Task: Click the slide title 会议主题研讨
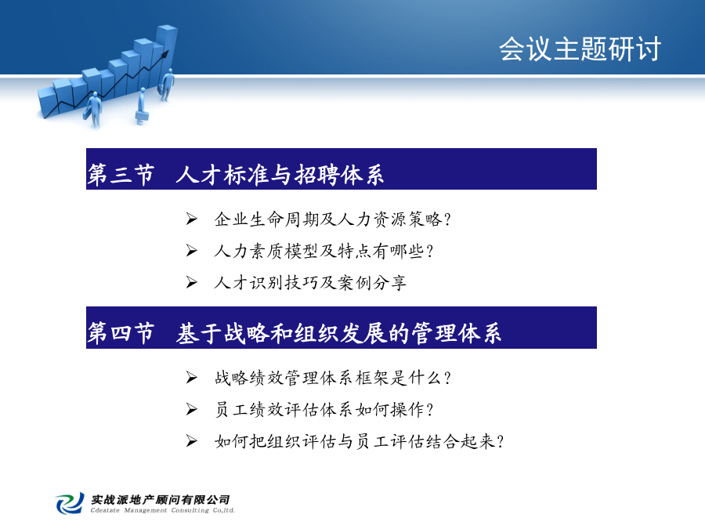[x=580, y=49]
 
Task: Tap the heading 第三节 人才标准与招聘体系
[x=236, y=175]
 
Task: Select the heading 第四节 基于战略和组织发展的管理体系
[x=294, y=333]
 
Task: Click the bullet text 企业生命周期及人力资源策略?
[x=333, y=219]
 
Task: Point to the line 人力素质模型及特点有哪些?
[x=324, y=251]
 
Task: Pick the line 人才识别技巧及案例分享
[x=310, y=282]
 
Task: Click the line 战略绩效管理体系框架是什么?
[x=333, y=378]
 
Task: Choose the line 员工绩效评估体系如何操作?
[x=324, y=409]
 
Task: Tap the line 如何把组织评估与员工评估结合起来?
[x=360, y=441]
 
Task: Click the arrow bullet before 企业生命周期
[x=192, y=219]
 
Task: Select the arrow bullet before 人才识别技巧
[x=192, y=282]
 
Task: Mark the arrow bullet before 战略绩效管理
[x=192, y=378]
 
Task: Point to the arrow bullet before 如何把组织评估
[x=192, y=441]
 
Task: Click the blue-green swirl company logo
[x=70, y=503]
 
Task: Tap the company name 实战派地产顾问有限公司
[x=161, y=499]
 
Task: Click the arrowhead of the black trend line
[x=165, y=54]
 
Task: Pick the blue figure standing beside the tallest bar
[x=168, y=85]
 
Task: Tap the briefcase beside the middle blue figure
[x=142, y=118]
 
